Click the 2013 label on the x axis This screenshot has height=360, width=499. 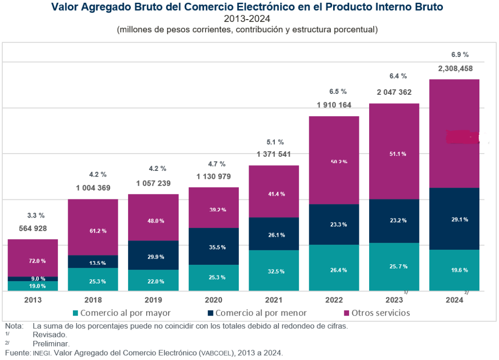(x=33, y=300)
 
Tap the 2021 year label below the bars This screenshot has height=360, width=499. (x=274, y=300)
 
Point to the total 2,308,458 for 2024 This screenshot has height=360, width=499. (x=455, y=69)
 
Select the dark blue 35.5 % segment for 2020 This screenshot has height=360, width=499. (x=214, y=247)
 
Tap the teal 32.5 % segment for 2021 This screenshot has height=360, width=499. (x=274, y=271)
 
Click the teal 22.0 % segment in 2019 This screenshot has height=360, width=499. (x=153, y=281)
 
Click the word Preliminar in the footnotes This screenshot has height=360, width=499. (x=51, y=343)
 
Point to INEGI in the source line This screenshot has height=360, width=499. (x=41, y=353)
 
